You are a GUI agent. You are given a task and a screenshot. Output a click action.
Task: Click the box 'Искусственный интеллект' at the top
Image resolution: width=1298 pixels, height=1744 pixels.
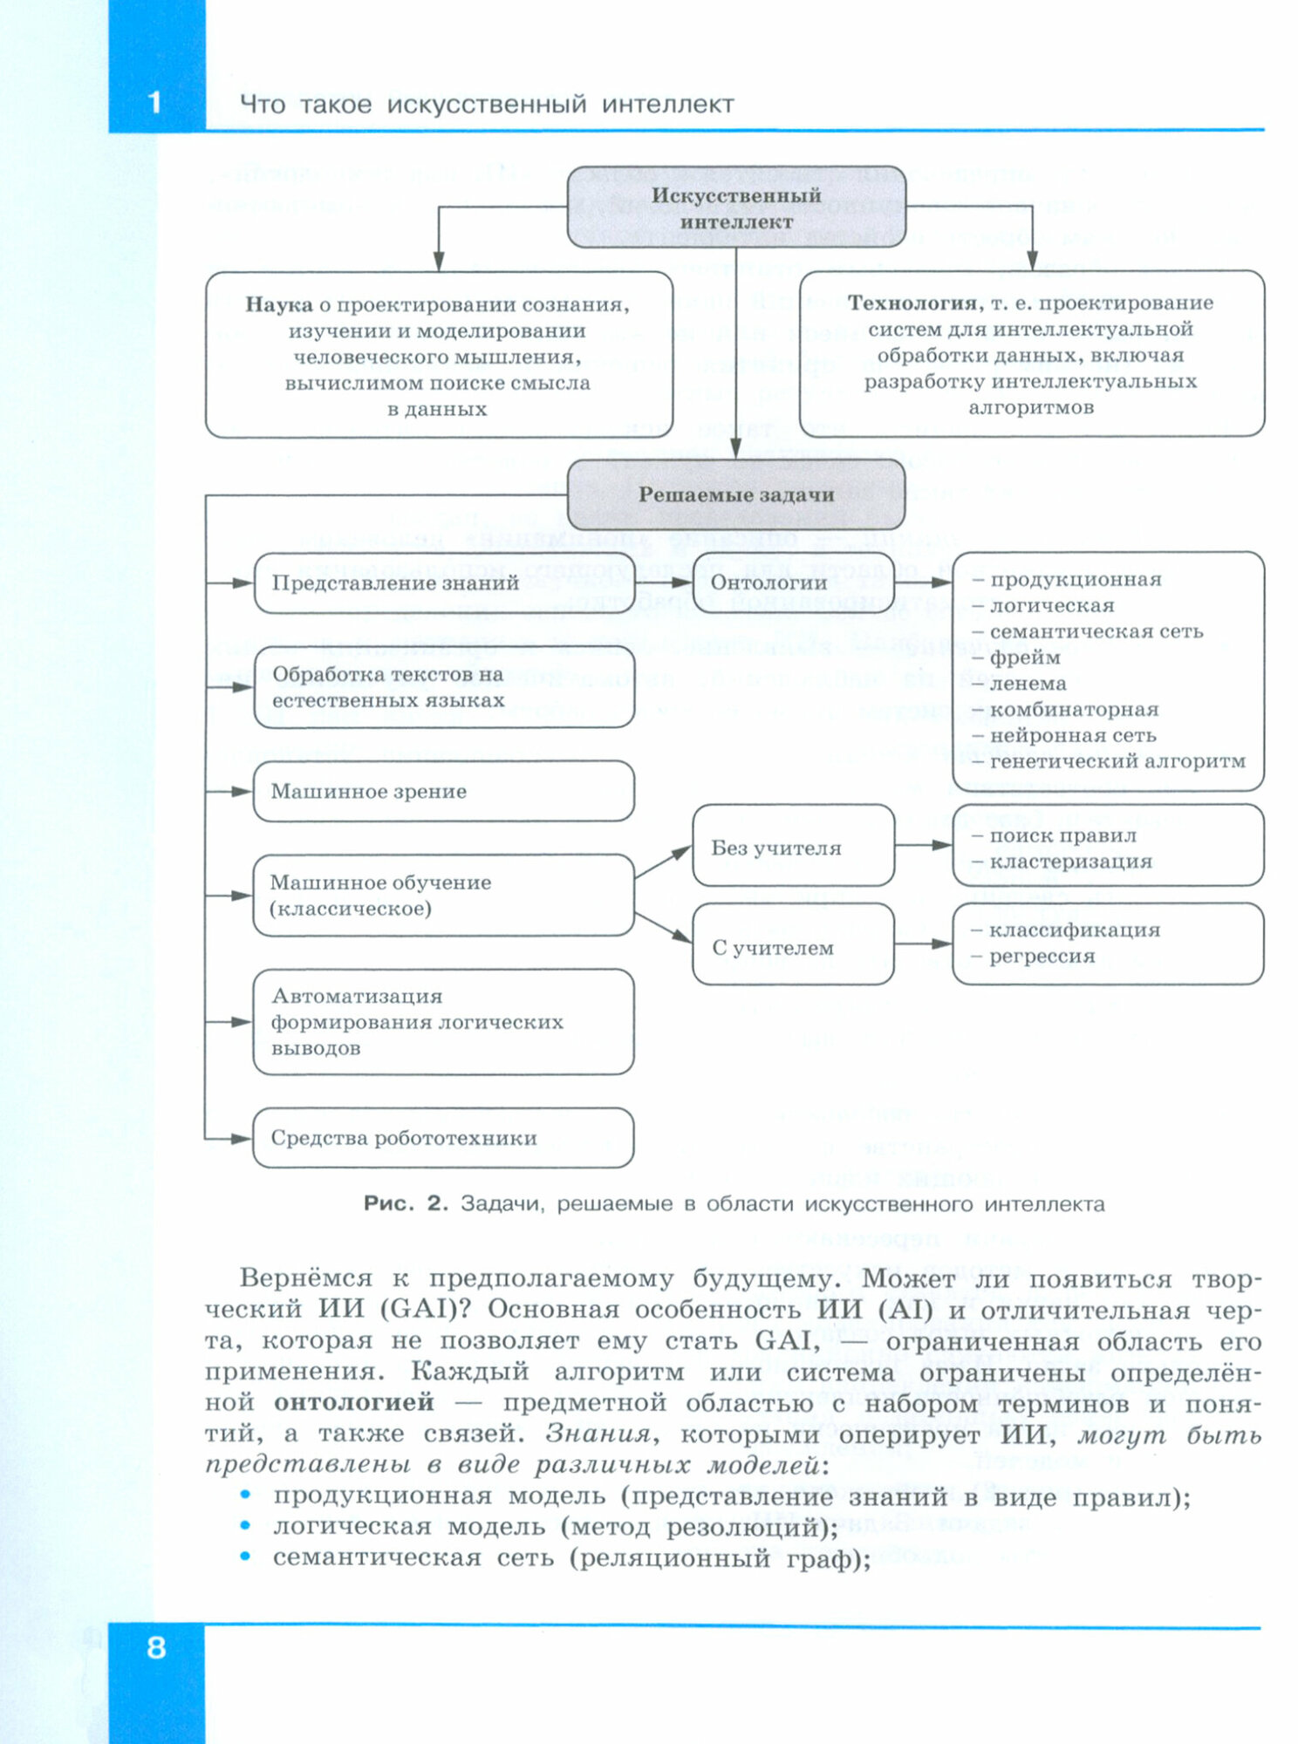[736, 208]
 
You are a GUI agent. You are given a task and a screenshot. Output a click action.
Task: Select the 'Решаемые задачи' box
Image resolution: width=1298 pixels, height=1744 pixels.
[736, 494]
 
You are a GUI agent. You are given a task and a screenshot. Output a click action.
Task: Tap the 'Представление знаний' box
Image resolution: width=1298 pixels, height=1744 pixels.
[443, 582]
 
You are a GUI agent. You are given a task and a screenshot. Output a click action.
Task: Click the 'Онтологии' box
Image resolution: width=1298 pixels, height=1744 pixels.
[793, 582]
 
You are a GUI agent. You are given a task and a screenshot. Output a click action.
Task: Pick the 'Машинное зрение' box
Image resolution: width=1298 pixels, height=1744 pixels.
[443, 791]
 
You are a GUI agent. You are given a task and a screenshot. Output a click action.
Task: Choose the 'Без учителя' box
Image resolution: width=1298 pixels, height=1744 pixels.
[793, 847]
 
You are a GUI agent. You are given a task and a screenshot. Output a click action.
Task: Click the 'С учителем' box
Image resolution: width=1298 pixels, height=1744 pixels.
[793, 946]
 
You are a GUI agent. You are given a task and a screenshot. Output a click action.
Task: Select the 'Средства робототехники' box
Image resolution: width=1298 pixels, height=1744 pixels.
[443, 1138]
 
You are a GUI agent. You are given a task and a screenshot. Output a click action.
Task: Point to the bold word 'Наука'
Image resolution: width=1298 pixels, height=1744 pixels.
[278, 304]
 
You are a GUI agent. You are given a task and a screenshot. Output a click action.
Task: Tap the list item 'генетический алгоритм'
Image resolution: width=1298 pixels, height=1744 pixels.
[1117, 761]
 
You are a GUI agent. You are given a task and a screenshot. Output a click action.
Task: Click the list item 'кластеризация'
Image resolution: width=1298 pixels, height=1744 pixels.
[1070, 862]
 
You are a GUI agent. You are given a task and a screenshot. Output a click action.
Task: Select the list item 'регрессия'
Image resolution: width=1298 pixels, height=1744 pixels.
[1042, 957]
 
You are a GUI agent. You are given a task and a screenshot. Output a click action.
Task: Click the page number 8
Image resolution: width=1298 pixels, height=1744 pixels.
[156, 1647]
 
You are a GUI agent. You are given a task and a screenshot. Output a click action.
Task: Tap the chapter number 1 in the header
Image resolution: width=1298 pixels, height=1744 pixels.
[155, 102]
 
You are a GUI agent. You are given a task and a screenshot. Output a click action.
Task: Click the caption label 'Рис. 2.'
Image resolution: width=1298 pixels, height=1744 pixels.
[406, 1203]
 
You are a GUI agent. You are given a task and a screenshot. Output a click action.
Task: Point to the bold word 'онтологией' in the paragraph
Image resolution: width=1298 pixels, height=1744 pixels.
[353, 1401]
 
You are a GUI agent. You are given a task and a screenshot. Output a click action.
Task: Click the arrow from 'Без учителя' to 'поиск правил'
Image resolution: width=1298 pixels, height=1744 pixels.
[924, 845]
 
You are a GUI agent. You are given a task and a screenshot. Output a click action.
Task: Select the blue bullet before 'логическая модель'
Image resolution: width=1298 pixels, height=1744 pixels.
[246, 1526]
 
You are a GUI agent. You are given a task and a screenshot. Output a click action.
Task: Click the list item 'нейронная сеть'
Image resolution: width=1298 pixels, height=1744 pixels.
[1072, 735]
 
